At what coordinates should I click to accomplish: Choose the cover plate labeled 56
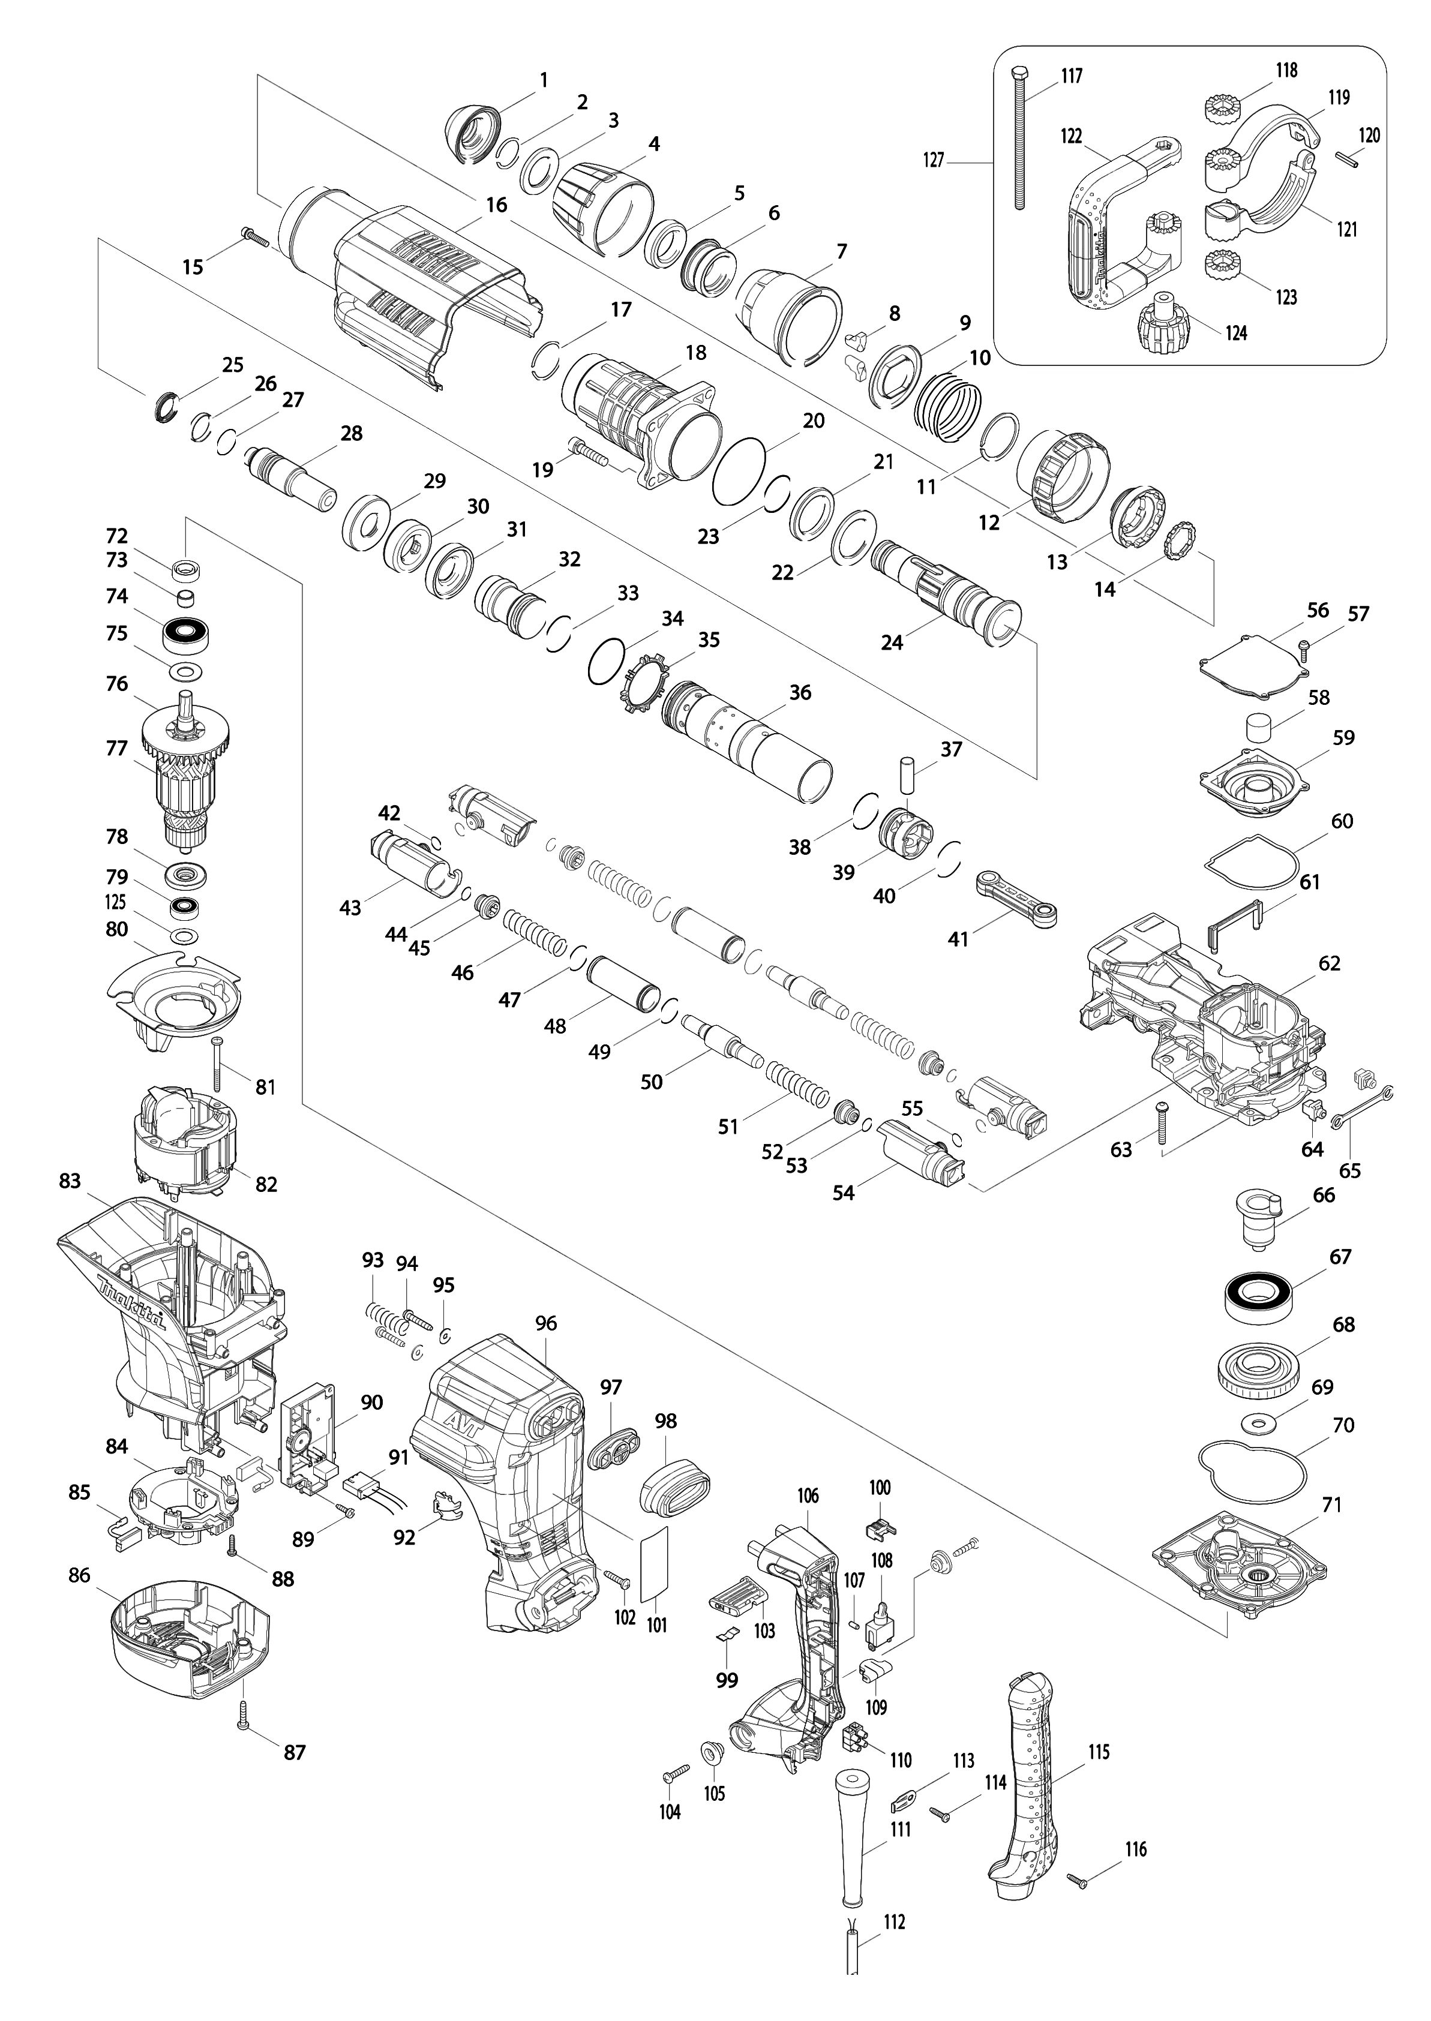coord(1255,660)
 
